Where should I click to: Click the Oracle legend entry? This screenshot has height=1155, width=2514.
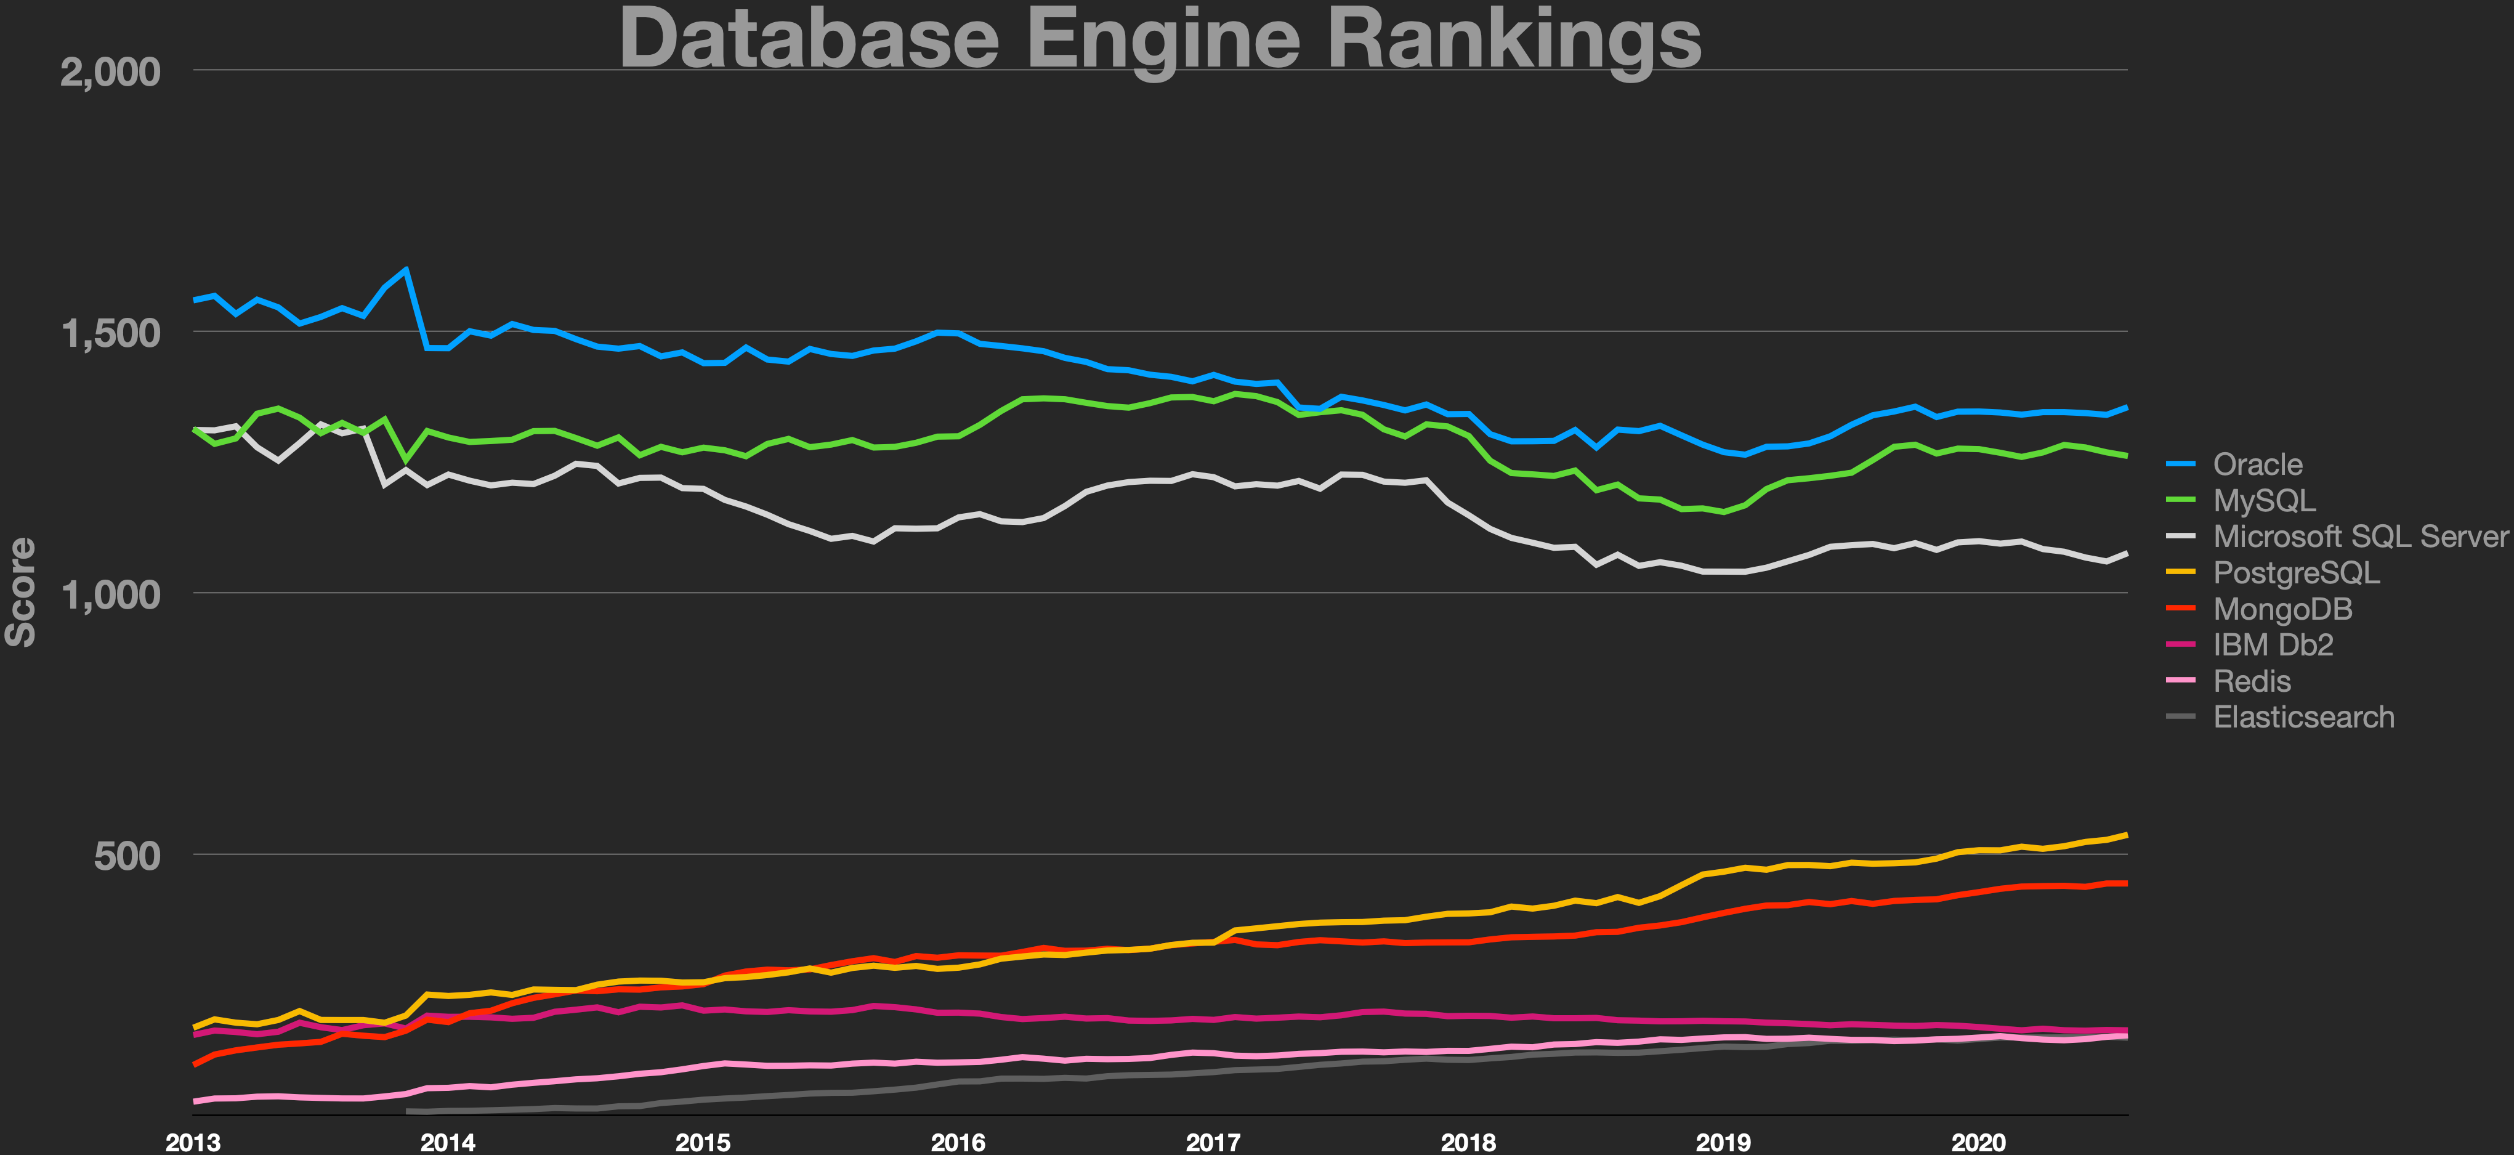2257,464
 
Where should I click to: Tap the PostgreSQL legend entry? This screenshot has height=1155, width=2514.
2295,572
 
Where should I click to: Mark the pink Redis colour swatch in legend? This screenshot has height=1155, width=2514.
2180,681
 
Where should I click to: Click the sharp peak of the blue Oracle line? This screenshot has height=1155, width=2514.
405,269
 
